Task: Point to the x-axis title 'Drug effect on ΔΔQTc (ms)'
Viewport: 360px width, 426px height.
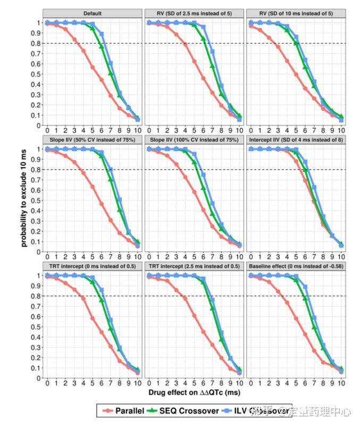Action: [195, 392]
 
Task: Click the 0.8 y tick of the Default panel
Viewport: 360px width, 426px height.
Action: [37, 43]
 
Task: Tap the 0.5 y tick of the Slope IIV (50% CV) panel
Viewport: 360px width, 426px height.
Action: [37, 201]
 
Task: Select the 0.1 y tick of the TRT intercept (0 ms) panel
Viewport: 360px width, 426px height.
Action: [37, 368]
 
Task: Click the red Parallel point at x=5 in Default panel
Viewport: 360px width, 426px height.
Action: [93, 67]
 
